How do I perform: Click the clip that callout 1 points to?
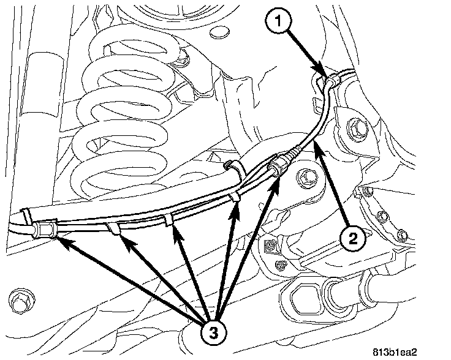330,80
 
